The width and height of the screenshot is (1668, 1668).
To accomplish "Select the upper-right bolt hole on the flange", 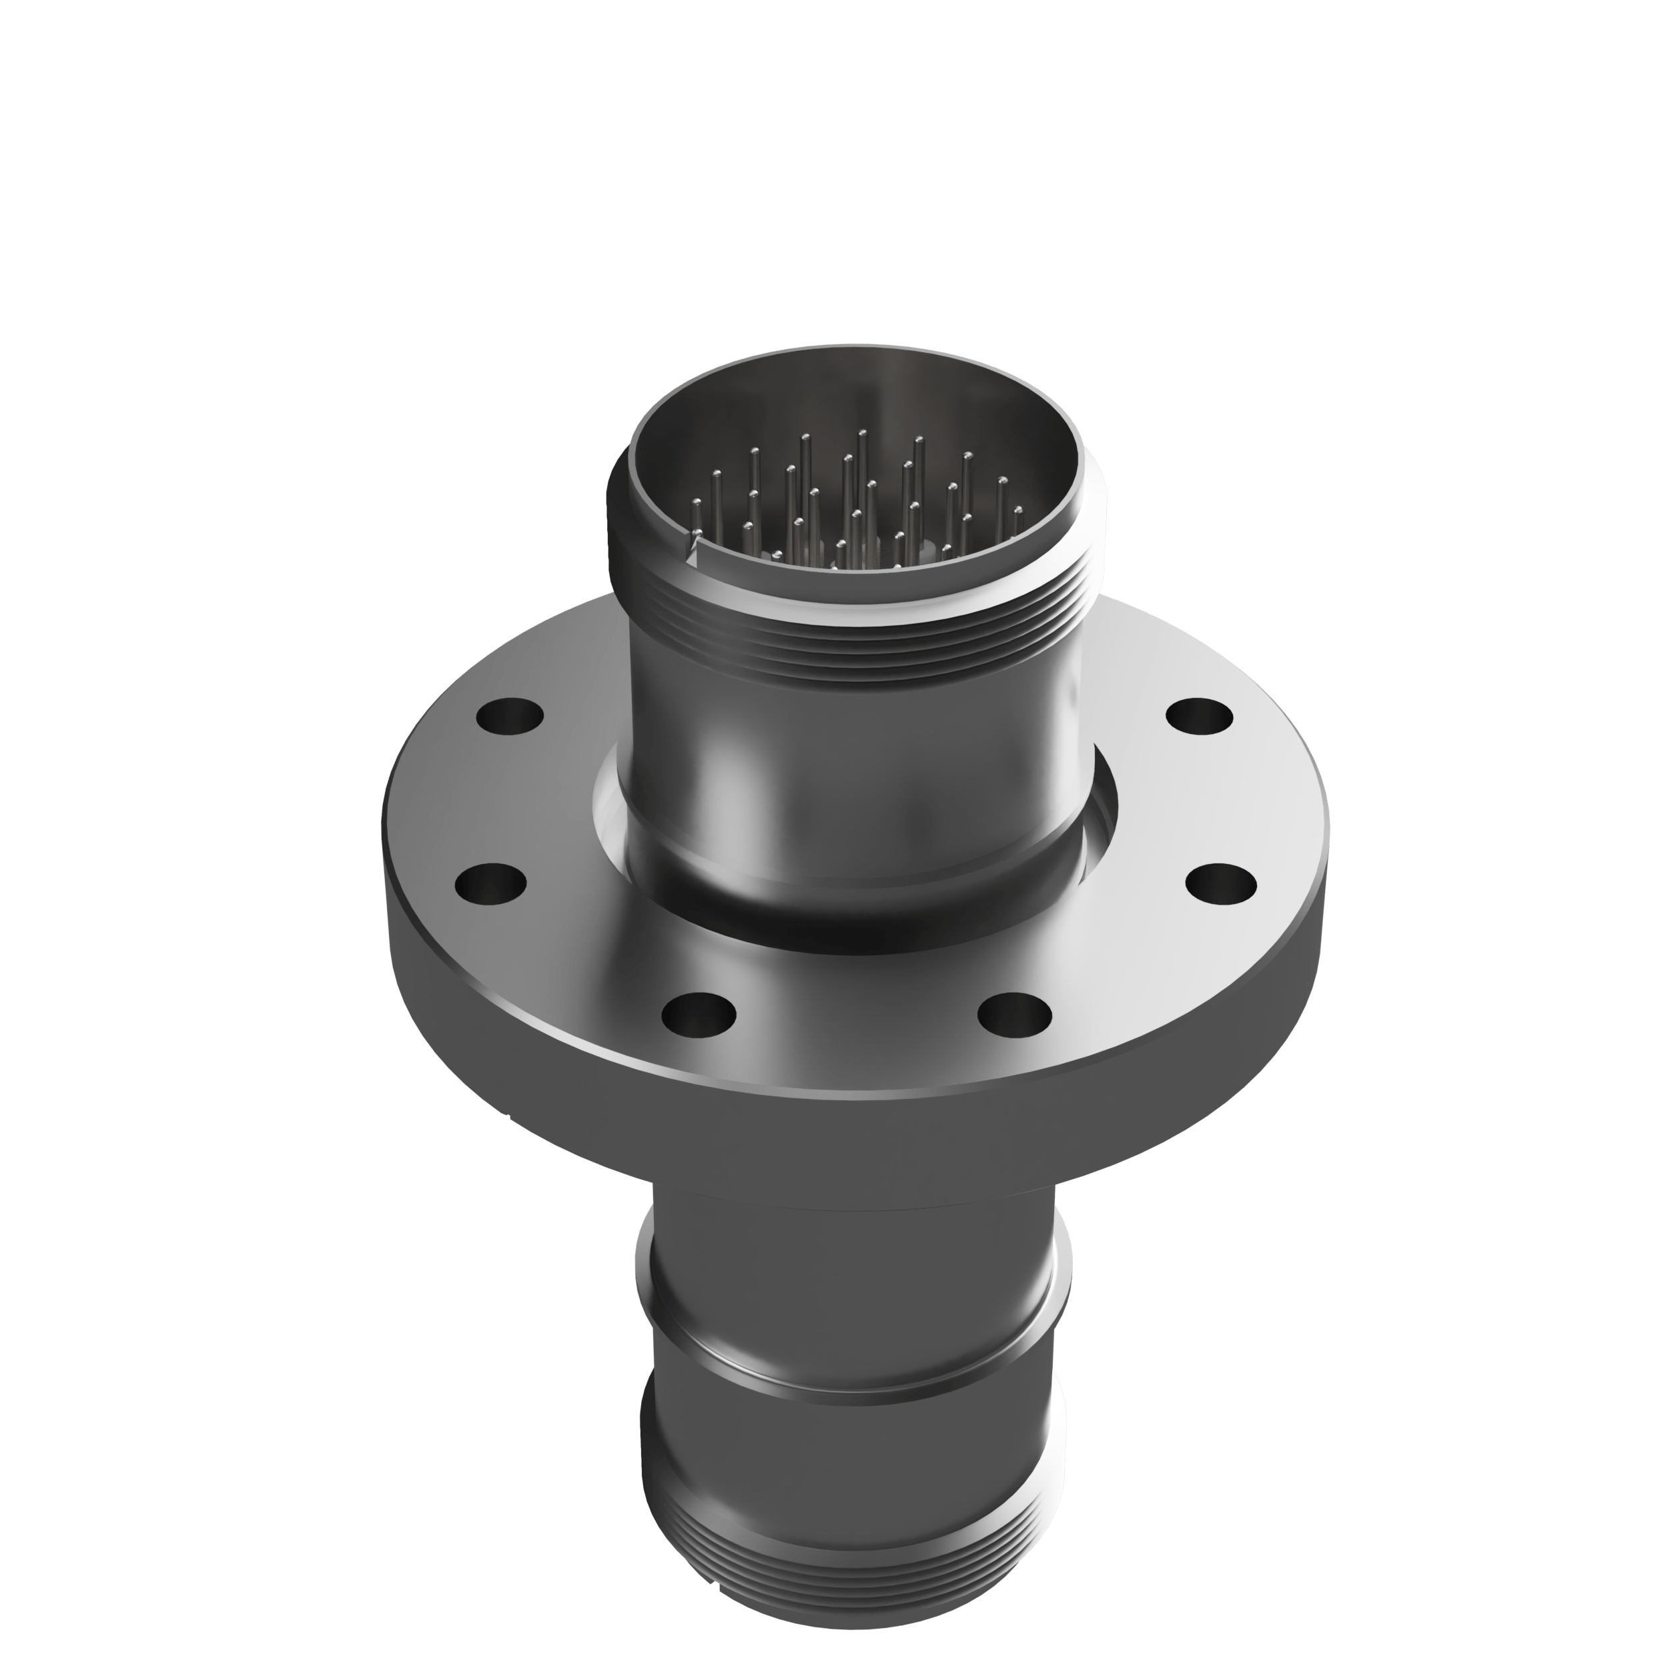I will coord(1199,717).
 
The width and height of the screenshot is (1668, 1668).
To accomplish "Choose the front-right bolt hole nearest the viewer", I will coord(1015,1013).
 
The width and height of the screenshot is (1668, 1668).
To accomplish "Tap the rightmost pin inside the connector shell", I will coord(1017,511).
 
